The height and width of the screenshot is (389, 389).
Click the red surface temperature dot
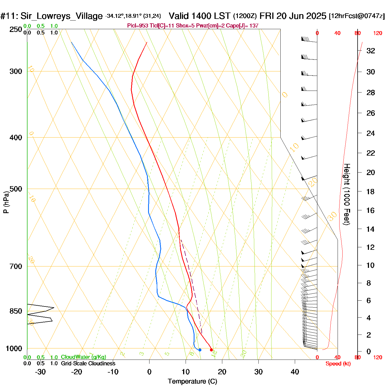(x=211, y=350)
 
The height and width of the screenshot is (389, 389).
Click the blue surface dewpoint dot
(x=200, y=350)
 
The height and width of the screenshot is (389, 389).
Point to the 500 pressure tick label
(x=16, y=189)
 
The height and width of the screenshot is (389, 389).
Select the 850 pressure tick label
(x=16, y=311)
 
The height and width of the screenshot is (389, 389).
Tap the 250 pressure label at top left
(x=16, y=29)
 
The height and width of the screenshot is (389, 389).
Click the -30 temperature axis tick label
(x=40, y=372)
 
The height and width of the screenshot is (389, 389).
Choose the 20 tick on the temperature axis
(x=222, y=372)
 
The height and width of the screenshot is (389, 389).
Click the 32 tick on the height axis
(x=371, y=51)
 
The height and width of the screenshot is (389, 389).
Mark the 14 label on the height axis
(x=370, y=229)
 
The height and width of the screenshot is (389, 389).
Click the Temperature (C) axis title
(x=192, y=381)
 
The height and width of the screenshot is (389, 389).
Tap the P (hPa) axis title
(x=6, y=202)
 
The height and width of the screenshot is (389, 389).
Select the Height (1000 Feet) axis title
(x=347, y=194)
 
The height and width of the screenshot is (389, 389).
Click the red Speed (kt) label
(x=338, y=364)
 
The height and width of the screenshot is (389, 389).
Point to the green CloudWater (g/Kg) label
(x=83, y=357)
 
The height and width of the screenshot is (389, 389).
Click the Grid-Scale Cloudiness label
(x=88, y=363)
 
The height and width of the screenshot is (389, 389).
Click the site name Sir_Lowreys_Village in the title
(x=61, y=16)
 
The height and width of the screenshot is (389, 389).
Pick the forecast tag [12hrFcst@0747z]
(x=357, y=16)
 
